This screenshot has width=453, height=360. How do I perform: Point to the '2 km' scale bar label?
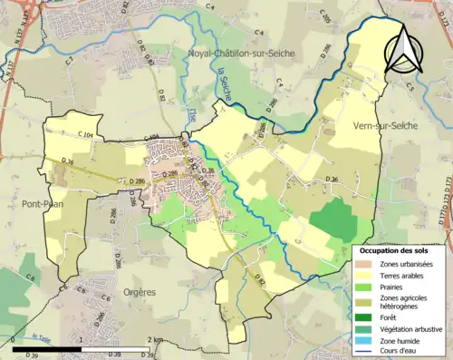click(x=156, y=339)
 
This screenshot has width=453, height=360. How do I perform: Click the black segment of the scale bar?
click(x=44, y=347)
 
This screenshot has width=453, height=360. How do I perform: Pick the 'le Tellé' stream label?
click(x=41, y=337)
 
